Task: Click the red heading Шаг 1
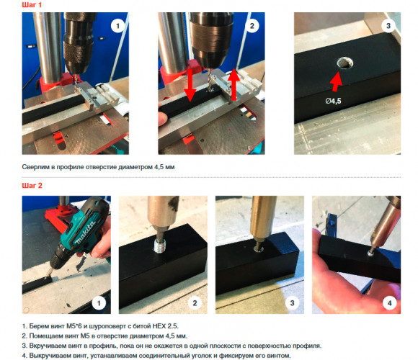pyautogui.click(x=32, y=5)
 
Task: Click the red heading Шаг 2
pyautogui.click(x=32, y=185)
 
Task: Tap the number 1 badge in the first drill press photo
pyautogui.click(x=117, y=26)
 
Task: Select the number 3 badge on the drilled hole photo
pyautogui.click(x=388, y=26)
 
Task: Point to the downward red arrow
pyautogui.click(x=190, y=85)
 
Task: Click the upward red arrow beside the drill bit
pyautogui.click(x=234, y=84)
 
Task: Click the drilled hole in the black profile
pyautogui.click(x=345, y=63)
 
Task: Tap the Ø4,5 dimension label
pyautogui.click(x=333, y=101)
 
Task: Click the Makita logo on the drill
pyautogui.click(x=85, y=233)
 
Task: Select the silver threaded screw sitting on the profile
pyautogui.click(x=160, y=246)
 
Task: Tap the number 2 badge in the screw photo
pyautogui.click(x=195, y=302)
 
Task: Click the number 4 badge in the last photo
pyautogui.click(x=389, y=302)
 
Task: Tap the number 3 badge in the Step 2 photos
pyautogui.click(x=292, y=302)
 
